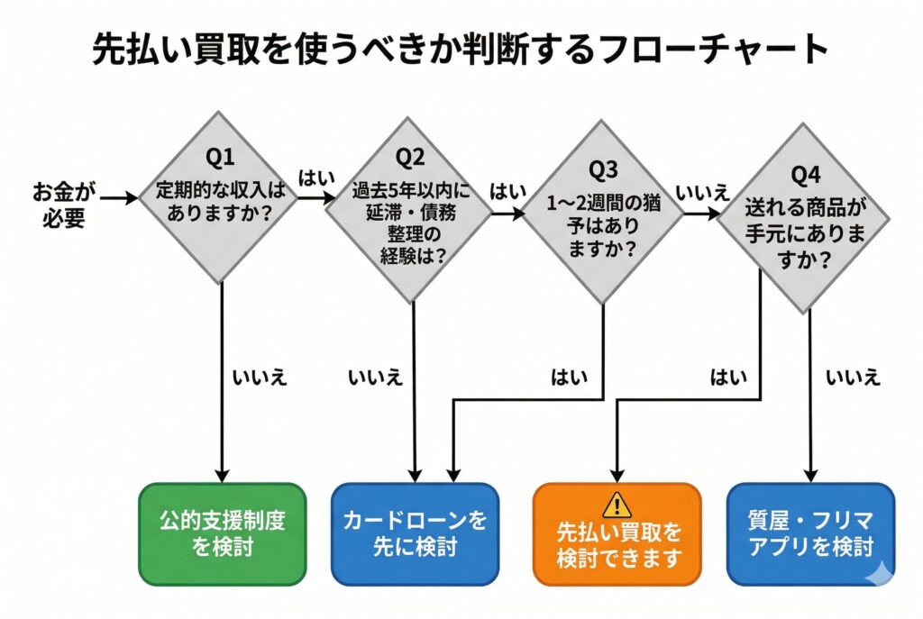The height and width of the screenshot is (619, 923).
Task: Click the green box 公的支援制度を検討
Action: tap(223, 533)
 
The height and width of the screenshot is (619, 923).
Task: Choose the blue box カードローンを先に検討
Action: tap(415, 533)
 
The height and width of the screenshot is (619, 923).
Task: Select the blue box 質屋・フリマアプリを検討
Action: tap(810, 533)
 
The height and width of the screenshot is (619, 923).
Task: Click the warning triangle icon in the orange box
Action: tap(617, 504)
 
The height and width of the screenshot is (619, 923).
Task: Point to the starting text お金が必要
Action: tap(63, 205)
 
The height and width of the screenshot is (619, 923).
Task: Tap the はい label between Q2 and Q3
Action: tap(508, 192)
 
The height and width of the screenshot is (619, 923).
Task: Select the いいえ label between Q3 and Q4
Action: tap(701, 192)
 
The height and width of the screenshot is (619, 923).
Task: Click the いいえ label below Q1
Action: tap(260, 377)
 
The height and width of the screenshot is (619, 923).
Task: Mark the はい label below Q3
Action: tap(569, 377)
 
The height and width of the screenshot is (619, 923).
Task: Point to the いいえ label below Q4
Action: tap(853, 377)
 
